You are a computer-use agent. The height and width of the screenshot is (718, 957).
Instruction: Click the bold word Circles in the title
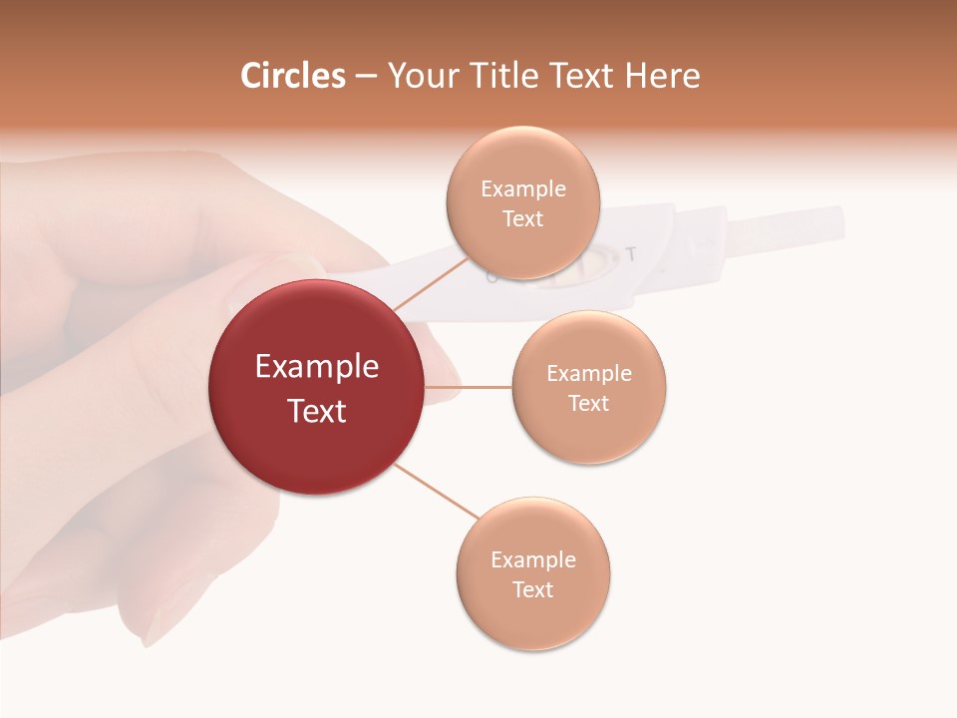click(x=292, y=76)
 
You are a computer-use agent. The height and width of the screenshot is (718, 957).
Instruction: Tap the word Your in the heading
click(x=421, y=76)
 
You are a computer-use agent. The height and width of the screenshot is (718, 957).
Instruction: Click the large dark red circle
click(x=317, y=387)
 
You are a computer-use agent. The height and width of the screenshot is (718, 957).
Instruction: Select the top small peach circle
click(x=522, y=202)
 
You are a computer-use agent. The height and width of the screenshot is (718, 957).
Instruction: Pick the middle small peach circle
click(x=589, y=387)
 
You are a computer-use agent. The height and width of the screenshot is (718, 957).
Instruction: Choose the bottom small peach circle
click(x=533, y=573)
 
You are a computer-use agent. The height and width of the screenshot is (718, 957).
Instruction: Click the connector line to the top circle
click(x=431, y=283)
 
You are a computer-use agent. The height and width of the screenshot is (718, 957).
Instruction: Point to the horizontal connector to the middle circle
click(x=469, y=387)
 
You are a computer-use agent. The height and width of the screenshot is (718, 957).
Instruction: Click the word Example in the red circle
click(x=317, y=367)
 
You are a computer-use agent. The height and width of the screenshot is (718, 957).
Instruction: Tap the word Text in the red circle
click(x=317, y=411)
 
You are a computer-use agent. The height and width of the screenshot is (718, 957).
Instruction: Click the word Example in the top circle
click(x=522, y=188)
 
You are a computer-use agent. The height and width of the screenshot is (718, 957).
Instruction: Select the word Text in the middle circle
click(x=588, y=403)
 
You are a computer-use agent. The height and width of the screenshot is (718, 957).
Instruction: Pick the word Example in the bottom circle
click(x=533, y=559)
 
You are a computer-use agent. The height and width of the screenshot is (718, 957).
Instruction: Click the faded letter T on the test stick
click(x=630, y=253)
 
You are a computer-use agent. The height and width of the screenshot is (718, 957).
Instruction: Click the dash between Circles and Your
click(x=366, y=77)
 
